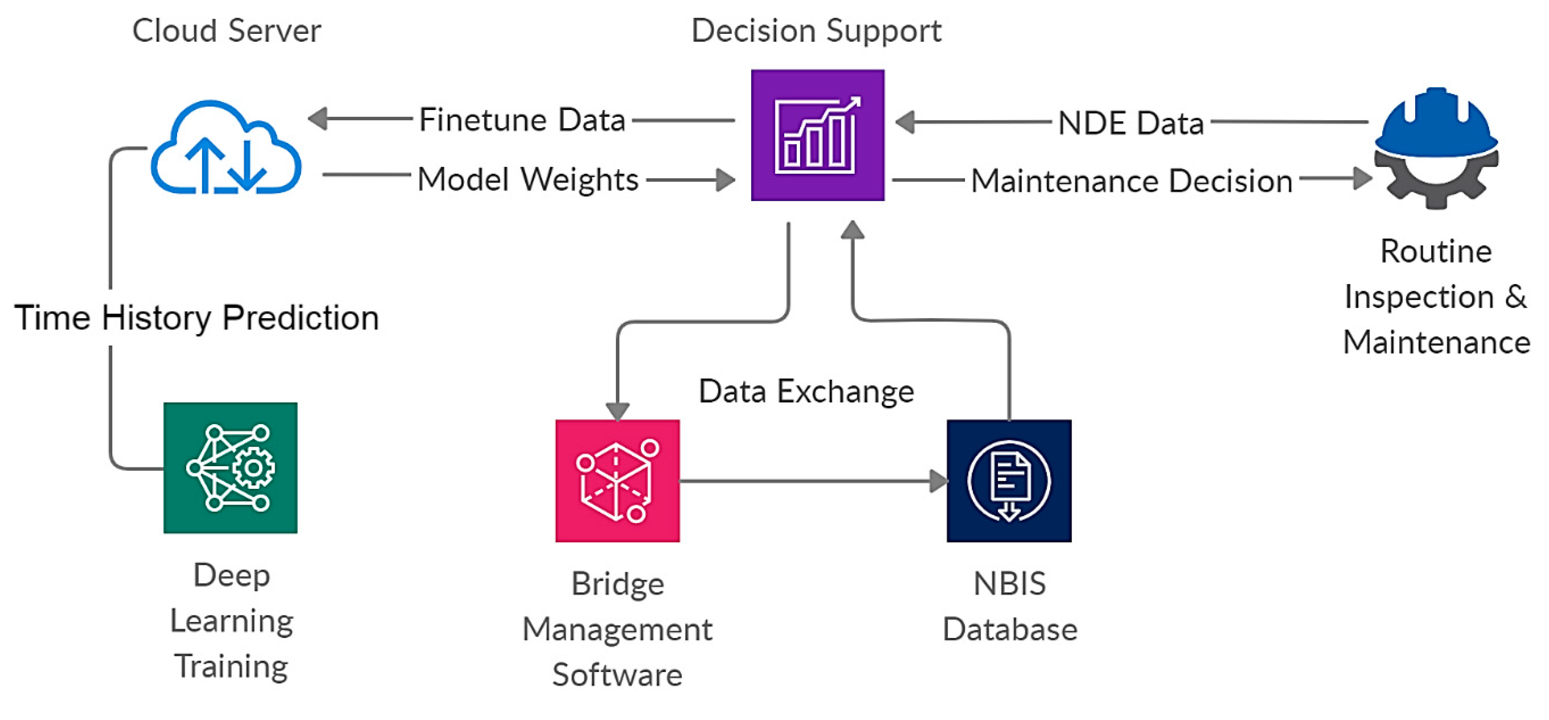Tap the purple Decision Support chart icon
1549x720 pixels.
coord(817,135)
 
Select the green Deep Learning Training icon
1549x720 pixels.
coord(230,467)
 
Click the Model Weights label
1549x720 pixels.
coord(527,179)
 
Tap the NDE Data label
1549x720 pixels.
coord(1130,123)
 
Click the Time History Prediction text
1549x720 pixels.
coord(197,317)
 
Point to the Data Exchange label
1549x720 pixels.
coord(806,392)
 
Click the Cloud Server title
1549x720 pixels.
coord(227,31)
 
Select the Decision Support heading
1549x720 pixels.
coord(816,31)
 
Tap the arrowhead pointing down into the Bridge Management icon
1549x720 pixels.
coord(617,411)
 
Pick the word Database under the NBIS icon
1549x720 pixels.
coord(1009,630)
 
